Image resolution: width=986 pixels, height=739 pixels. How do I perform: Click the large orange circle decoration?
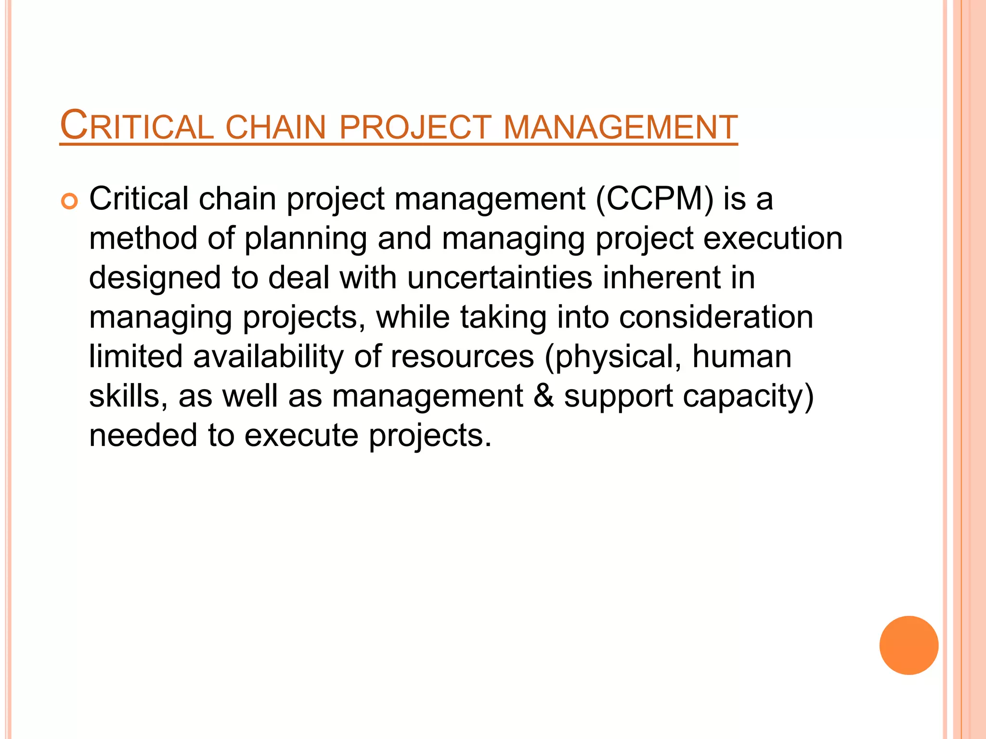[908, 645]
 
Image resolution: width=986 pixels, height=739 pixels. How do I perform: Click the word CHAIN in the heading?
[276, 127]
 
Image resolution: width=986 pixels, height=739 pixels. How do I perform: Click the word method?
[143, 238]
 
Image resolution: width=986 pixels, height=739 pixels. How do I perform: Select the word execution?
[773, 238]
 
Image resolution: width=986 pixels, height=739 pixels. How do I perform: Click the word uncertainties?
[499, 278]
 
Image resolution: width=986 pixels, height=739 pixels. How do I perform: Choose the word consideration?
[716, 317]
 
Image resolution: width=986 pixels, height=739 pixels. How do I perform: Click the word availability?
[268, 357]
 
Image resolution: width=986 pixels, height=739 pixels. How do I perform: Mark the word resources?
[462, 357]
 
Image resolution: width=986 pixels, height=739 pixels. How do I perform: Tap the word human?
[741, 357]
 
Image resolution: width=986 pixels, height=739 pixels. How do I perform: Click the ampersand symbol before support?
[544, 396]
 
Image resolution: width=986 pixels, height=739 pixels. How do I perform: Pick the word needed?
[143, 435]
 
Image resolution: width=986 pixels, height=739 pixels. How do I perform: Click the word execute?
[301, 435]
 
